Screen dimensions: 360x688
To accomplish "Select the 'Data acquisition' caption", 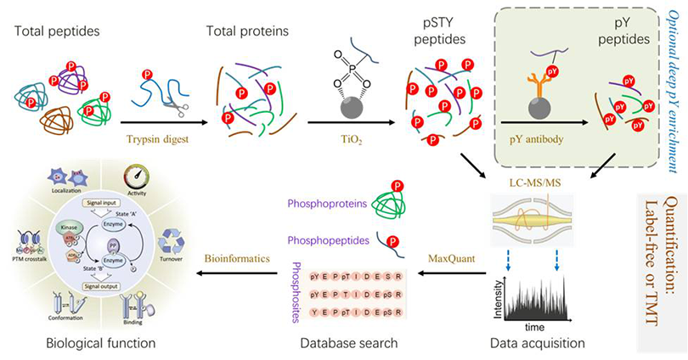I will [537, 344].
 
